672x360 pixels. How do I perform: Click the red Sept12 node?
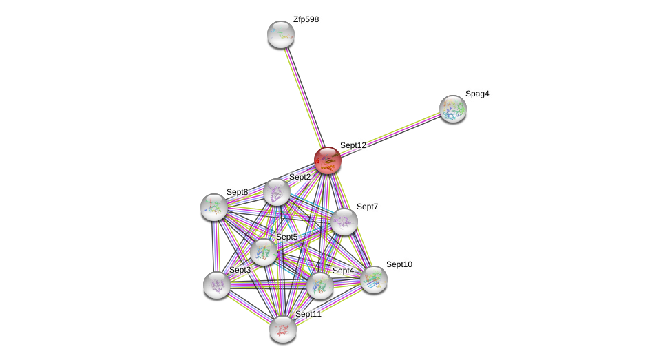pos(328,160)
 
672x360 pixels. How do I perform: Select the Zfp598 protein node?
pos(281,34)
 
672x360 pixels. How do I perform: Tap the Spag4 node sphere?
pos(453,109)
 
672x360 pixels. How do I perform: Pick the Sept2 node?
pos(277,193)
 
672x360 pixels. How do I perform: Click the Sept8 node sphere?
pos(214,207)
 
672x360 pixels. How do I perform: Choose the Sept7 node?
pos(344,222)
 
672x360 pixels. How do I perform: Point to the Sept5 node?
pos(264,252)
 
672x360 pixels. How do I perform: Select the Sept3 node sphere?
pos(217,285)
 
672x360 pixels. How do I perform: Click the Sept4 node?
pos(319,286)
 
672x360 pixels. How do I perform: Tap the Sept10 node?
pos(374,280)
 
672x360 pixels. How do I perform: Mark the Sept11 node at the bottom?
pos(283,330)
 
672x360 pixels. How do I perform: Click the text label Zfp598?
pos(306,19)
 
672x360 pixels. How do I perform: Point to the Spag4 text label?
pos(477,94)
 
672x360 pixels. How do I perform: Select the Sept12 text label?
pos(353,145)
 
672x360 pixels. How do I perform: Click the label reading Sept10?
pos(399,264)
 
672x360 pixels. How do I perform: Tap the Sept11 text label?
pos(308,314)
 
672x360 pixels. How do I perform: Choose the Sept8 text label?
pos(237,192)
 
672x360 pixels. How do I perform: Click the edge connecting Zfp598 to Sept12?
pos(304,98)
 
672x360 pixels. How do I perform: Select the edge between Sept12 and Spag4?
pos(390,135)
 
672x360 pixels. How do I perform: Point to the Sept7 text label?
pos(367,207)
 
